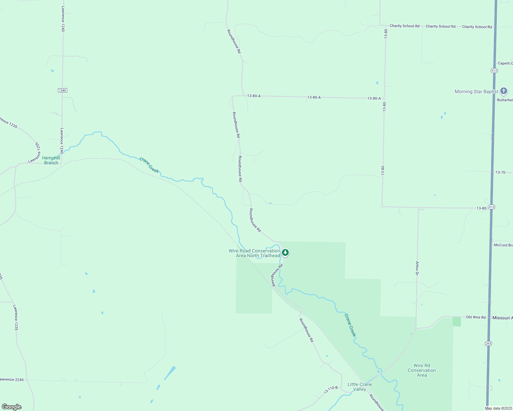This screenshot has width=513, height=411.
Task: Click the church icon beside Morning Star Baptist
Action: click(503, 91)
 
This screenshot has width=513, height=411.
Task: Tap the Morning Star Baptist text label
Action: click(476, 91)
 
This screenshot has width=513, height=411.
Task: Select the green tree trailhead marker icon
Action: click(285, 253)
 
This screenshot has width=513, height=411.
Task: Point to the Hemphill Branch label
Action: click(51, 160)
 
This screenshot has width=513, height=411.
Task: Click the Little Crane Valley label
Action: click(360, 387)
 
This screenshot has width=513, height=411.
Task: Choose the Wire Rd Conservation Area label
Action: click(422, 370)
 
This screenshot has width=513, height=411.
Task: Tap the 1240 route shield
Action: click(62, 90)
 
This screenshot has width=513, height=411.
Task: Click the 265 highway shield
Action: click(489, 343)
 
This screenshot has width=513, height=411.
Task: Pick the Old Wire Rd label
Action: click(476, 317)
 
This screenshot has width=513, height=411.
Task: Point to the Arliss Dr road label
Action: click(417, 268)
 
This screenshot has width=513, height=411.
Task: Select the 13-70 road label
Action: click(500, 172)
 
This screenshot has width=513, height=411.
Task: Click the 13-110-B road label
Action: click(331, 389)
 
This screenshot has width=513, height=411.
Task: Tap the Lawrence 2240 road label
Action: click(12, 379)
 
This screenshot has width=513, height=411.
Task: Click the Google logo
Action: click(12, 407)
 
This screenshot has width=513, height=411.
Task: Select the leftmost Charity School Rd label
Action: click(404, 26)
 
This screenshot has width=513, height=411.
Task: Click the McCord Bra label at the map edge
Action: click(503, 245)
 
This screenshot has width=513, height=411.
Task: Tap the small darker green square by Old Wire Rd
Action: click(456, 322)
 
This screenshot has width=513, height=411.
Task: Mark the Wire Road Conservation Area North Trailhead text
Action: click(254, 253)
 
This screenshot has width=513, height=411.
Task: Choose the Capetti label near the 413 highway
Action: click(505, 63)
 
